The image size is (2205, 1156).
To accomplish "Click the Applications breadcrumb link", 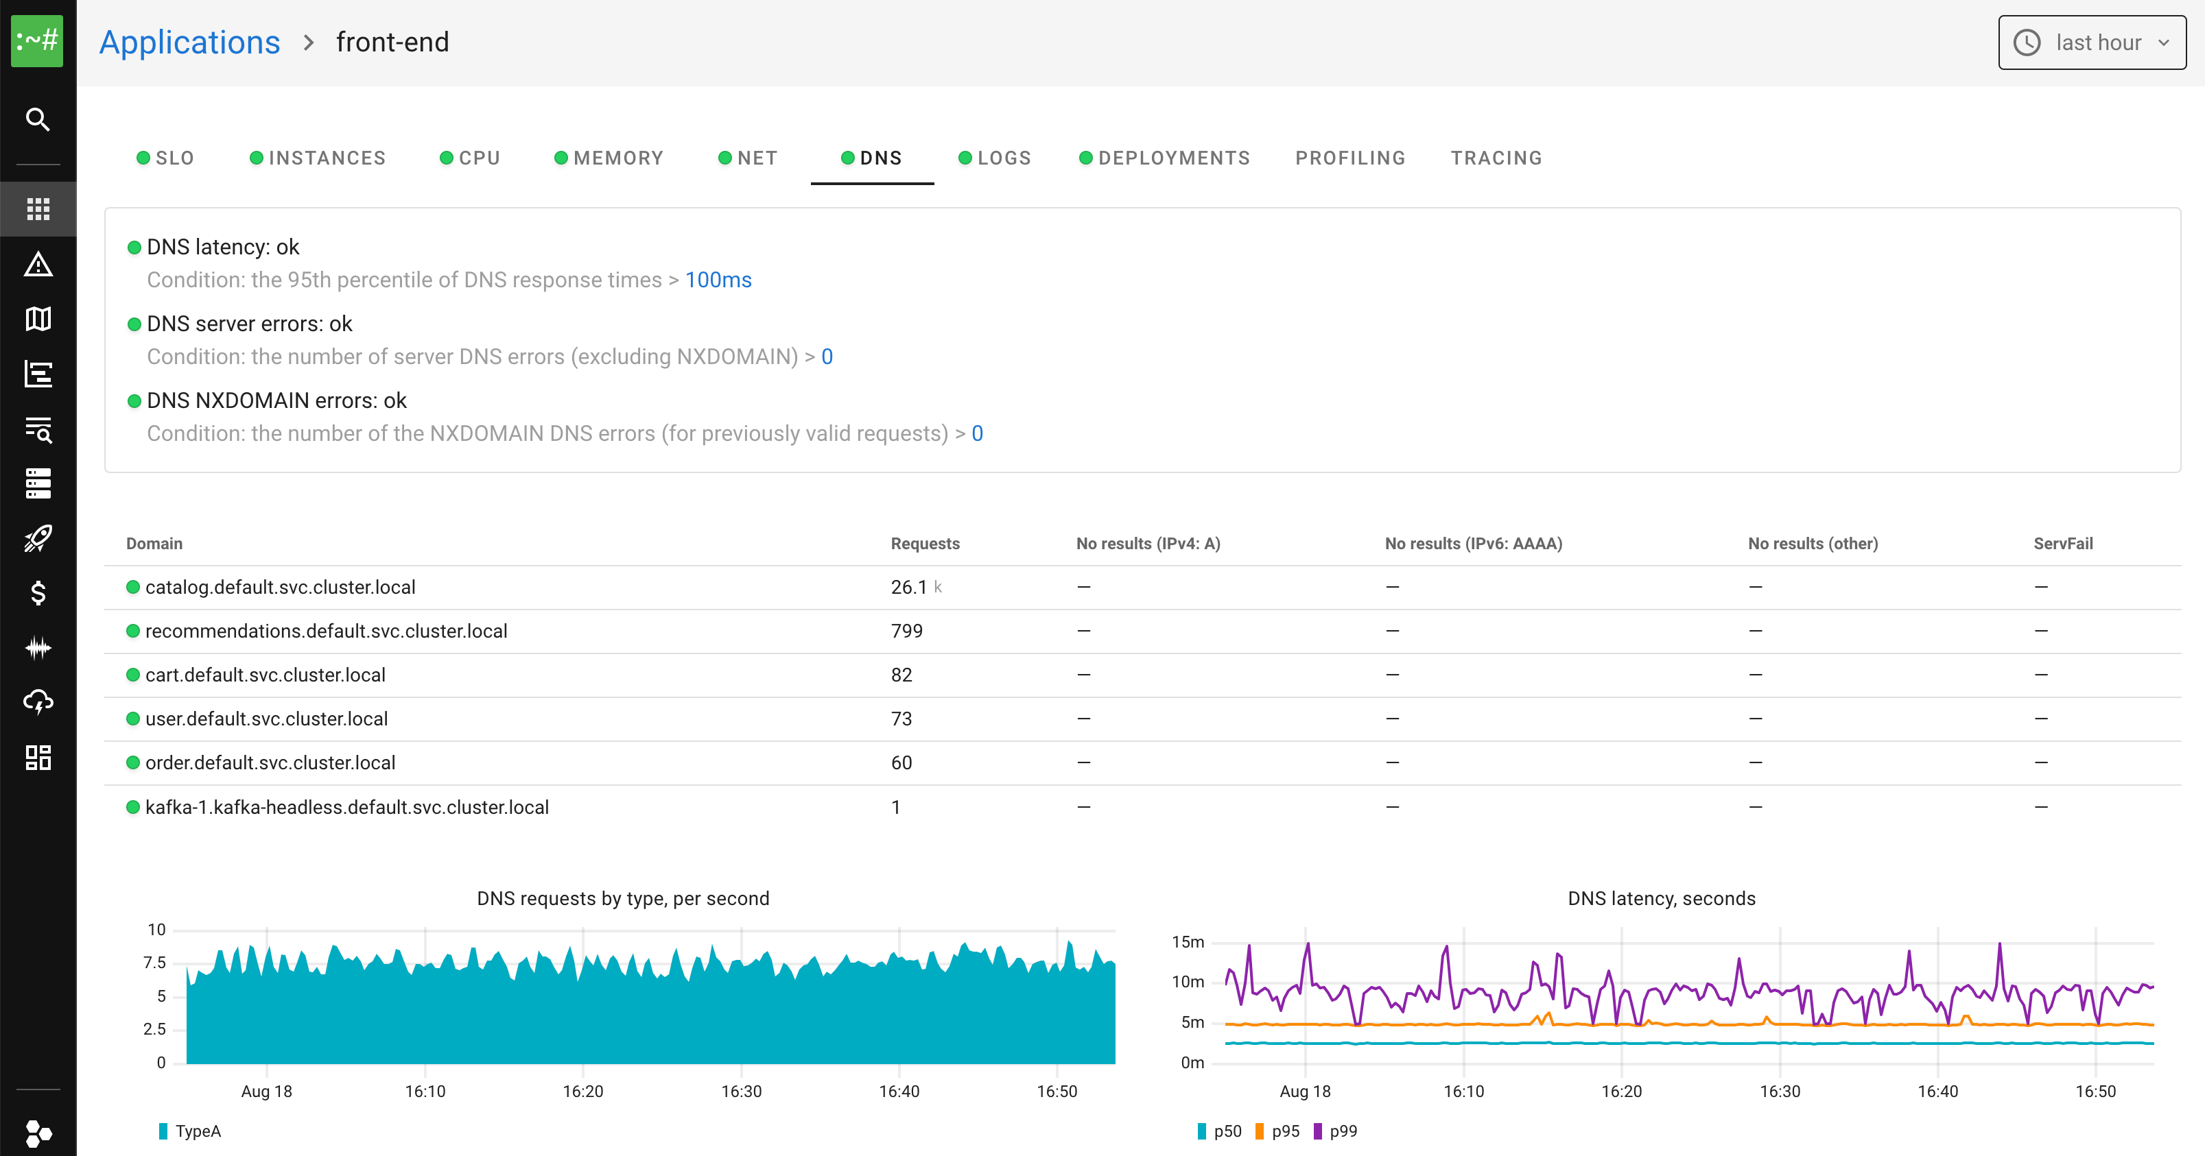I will click(x=189, y=42).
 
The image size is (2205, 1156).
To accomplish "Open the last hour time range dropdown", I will click(x=2091, y=42).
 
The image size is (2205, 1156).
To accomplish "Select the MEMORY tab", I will click(x=609, y=158).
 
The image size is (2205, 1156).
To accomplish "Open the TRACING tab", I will click(x=1496, y=158).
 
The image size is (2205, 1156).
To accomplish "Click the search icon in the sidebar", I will click(x=38, y=119).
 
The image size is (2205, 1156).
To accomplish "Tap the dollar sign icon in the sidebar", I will click(x=38, y=592).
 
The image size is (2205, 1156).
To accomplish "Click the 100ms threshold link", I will click(x=718, y=280).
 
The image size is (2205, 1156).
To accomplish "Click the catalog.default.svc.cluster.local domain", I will click(x=280, y=587).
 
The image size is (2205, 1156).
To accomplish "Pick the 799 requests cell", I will click(x=906, y=631).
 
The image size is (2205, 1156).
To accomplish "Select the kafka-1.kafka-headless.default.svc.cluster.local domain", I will click(x=346, y=807).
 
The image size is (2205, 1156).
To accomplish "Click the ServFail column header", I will click(x=2062, y=543).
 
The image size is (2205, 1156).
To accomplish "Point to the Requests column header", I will click(x=924, y=543).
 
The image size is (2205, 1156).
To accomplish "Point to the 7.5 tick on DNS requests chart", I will click(x=155, y=963).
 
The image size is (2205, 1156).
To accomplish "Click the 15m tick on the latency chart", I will click(x=1188, y=942).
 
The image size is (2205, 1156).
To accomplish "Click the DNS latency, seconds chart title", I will click(x=1660, y=898).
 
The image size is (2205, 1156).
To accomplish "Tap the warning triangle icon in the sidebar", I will click(x=38, y=265).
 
